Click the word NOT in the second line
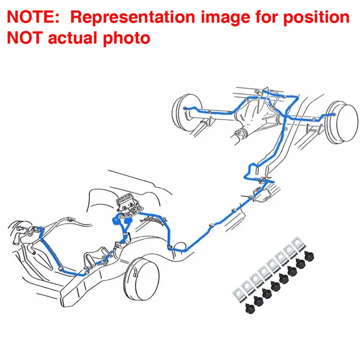[25, 38]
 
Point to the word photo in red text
[126, 39]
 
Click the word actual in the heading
[72, 38]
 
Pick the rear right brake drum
[342, 122]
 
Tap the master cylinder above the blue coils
[129, 204]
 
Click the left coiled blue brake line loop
[116, 220]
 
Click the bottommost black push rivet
[250, 308]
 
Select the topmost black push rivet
[309, 256]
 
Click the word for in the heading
[266, 17]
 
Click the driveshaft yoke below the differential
[240, 133]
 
